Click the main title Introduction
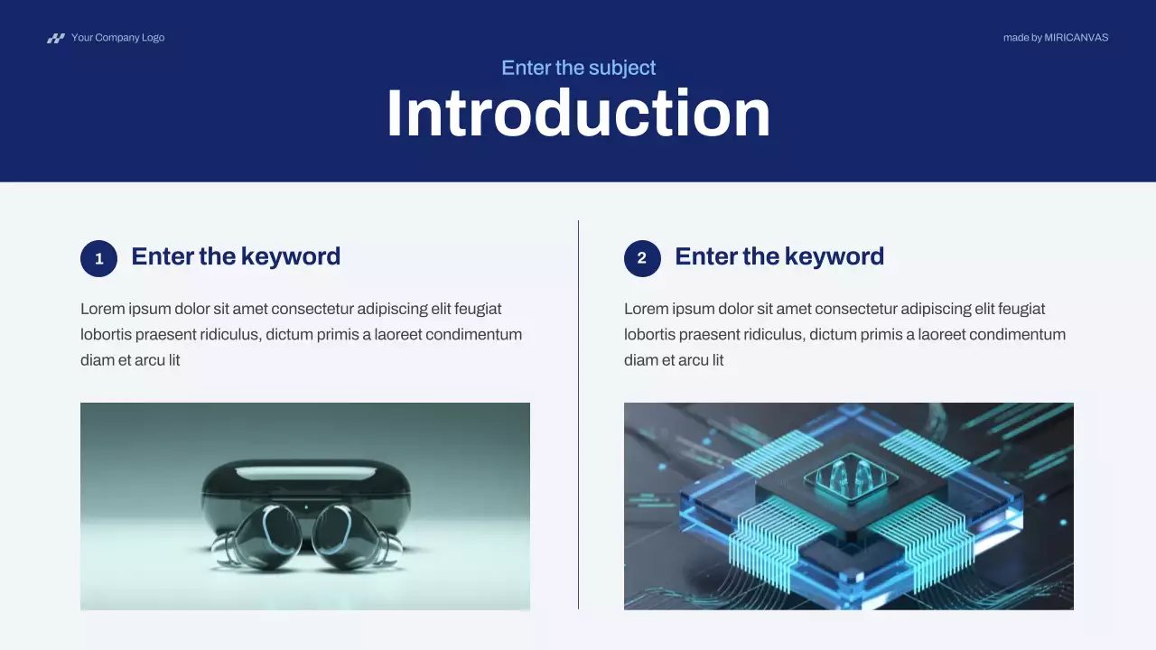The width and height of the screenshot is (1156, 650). pos(578,114)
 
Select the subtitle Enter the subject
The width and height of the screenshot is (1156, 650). pos(578,68)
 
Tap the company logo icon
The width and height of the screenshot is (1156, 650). pos(56,38)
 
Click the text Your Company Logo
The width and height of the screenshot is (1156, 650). pos(117,38)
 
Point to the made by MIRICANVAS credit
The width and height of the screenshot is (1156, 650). pos(1055,38)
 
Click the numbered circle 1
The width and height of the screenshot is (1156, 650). pos(99,258)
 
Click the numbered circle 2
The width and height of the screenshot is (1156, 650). pos(642,258)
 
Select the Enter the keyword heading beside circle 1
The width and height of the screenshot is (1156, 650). pos(236,256)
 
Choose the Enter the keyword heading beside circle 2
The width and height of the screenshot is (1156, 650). pos(779,256)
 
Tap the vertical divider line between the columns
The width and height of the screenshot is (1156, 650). pos(578,415)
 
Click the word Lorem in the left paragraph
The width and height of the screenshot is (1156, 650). pos(102,309)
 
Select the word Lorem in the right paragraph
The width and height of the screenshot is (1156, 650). pos(646,309)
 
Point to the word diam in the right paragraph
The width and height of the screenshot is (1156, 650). pos(641,360)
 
